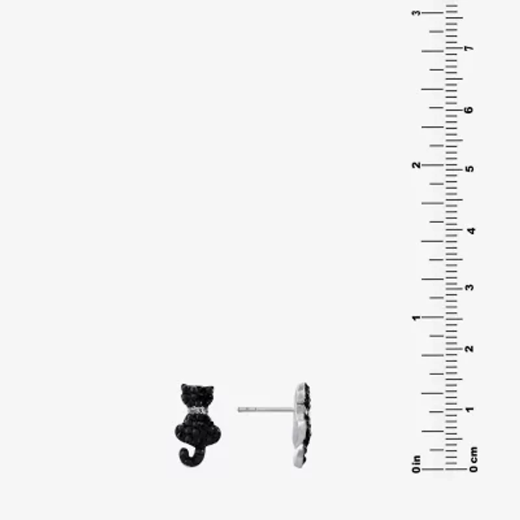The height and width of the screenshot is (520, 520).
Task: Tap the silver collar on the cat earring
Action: tap(198, 411)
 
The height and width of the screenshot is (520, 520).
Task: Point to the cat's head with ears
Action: tap(198, 396)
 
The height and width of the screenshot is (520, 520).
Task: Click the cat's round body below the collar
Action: tap(198, 430)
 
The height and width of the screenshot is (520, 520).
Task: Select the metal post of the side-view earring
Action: tap(266, 409)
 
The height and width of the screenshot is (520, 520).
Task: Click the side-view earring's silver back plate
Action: tap(300, 425)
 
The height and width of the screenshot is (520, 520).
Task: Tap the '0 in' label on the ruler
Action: tap(416, 464)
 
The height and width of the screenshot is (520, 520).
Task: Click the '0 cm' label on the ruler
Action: tap(474, 460)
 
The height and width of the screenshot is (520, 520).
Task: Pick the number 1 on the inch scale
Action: tap(416, 318)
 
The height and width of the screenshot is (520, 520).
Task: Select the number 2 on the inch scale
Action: tap(416, 165)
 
